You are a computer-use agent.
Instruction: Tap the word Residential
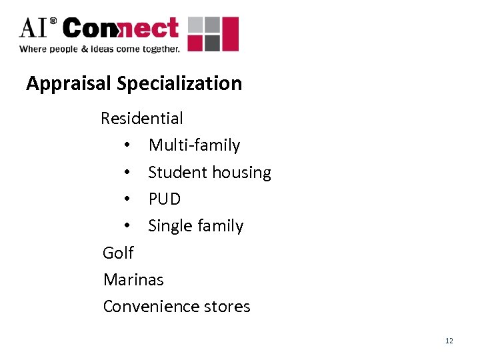coord(141,119)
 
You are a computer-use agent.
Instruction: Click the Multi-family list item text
coord(194,145)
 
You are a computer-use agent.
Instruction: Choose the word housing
coord(241,173)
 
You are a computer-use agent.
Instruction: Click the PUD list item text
coord(164,199)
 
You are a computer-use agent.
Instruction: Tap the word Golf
coord(118,253)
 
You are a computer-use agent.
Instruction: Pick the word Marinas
coord(133,280)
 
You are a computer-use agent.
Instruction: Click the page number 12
coord(449,341)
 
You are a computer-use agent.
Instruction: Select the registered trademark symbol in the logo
coord(53,22)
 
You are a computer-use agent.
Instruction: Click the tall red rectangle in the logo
coord(230,34)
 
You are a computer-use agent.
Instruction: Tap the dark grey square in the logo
coord(211,43)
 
